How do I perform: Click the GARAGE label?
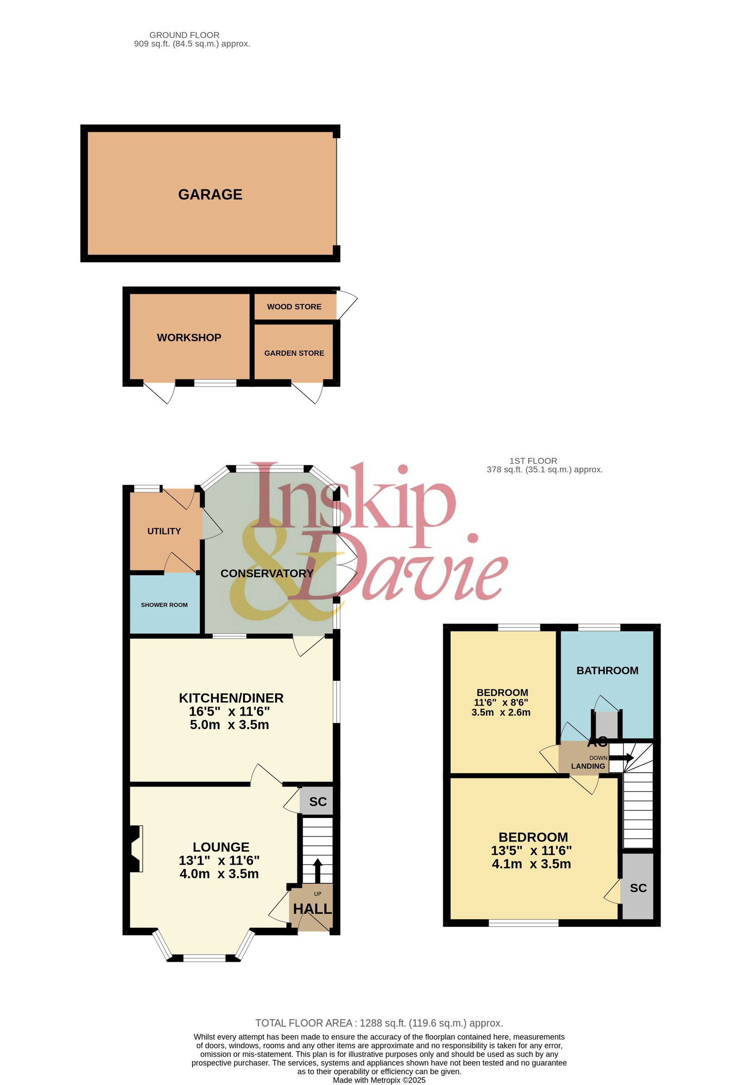pyautogui.click(x=210, y=194)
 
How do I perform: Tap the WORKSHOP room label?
pyautogui.click(x=189, y=338)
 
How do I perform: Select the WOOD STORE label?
pyautogui.click(x=295, y=307)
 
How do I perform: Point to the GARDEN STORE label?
pyautogui.click(x=295, y=353)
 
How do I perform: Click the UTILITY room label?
pyautogui.click(x=164, y=531)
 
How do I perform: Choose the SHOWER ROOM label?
pyautogui.click(x=164, y=605)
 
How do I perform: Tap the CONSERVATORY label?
pyautogui.click(x=267, y=573)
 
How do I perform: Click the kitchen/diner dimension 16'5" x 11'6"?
pyautogui.click(x=229, y=711)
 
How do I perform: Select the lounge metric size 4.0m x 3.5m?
pyautogui.click(x=219, y=874)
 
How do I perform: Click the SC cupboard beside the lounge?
pyautogui.click(x=318, y=802)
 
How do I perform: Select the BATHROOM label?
pyautogui.click(x=607, y=670)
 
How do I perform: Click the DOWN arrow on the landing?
pyautogui.click(x=622, y=757)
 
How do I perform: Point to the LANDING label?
pyautogui.click(x=588, y=766)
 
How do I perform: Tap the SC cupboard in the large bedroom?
pyautogui.click(x=638, y=888)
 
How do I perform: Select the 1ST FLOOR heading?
pyautogui.click(x=533, y=461)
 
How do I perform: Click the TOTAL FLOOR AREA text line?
pyautogui.click(x=379, y=1023)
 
